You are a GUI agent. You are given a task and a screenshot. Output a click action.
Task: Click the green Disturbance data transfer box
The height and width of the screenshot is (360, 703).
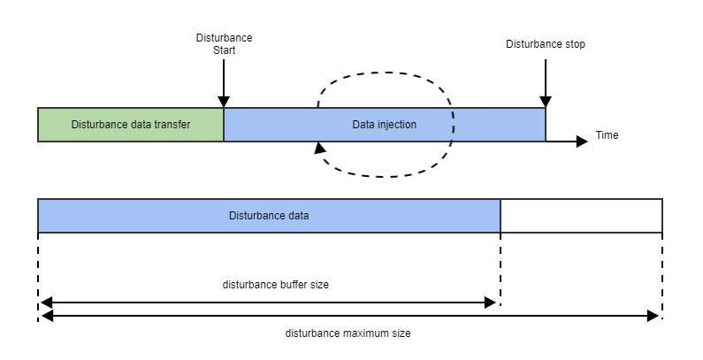(130, 125)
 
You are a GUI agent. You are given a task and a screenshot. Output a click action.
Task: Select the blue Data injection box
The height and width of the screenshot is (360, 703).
(384, 125)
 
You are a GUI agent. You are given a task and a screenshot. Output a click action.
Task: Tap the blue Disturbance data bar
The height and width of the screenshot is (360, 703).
(269, 215)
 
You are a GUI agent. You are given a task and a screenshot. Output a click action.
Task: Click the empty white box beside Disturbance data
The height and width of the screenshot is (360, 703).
(581, 215)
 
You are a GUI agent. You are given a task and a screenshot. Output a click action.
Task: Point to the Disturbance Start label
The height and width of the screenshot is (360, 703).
(224, 44)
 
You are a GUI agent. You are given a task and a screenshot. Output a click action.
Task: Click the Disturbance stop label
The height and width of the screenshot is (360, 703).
(545, 44)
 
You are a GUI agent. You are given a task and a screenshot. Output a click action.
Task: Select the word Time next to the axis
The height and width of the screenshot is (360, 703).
(607, 135)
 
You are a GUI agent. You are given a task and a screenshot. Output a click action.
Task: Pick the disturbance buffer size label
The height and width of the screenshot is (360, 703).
(269, 285)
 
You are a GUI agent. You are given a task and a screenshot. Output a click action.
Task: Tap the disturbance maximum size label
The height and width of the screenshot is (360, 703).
(348, 333)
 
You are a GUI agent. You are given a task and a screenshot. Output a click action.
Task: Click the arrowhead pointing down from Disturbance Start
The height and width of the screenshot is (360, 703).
(224, 102)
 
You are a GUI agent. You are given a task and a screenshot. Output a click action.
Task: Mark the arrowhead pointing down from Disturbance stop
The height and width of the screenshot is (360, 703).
(546, 102)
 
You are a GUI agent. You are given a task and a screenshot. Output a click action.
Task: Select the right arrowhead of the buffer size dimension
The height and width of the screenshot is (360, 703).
(491, 303)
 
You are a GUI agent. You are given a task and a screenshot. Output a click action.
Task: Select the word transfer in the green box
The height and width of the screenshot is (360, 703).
(172, 125)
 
